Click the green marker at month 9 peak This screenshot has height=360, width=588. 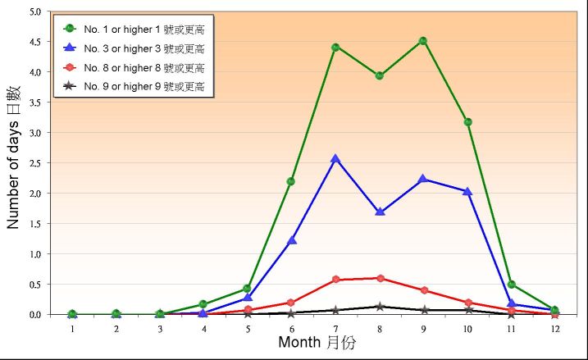click(423, 40)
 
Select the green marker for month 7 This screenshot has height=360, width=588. click(335, 47)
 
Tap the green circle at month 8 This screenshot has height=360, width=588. click(380, 75)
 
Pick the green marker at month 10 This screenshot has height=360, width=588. click(467, 121)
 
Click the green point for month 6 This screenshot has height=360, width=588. click(291, 181)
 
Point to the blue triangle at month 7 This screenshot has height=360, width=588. click(335, 158)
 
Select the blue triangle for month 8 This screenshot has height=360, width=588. click(380, 212)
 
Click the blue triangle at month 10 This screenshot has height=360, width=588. click(467, 191)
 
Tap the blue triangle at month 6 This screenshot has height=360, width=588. click(291, 239)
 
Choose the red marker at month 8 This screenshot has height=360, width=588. click(380, 278)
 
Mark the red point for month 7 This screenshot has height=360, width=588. click(335, 280)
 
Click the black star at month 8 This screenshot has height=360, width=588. click(380, 307)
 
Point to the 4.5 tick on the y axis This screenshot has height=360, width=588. click(34, 42)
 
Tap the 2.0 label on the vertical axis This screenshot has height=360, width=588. click(34, 194)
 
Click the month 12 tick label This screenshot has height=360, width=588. click(555, 328)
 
